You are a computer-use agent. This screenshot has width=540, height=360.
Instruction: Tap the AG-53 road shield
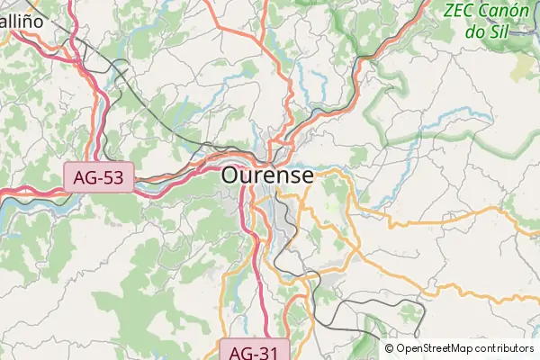98,177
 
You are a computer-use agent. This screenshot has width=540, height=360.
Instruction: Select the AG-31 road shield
255,351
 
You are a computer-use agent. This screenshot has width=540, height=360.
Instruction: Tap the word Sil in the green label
501,31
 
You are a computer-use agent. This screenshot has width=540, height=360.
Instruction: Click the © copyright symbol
390,348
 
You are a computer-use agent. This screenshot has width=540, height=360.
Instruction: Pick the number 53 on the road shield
112,177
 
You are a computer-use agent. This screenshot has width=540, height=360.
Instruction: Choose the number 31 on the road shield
268,351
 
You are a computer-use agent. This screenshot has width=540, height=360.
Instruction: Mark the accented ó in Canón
519,12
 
